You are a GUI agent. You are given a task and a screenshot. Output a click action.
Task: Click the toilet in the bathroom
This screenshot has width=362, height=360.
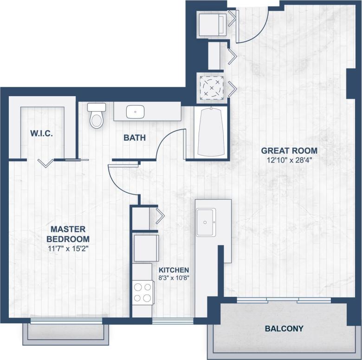click(x=97, y=116)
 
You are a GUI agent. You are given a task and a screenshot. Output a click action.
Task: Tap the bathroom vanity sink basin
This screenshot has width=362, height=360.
click(x=135, y=111)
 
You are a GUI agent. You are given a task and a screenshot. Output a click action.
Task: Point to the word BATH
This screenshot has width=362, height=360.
click(x=134, y=138)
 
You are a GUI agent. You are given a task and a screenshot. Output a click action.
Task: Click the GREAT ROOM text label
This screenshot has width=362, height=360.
click(x=289, y=151)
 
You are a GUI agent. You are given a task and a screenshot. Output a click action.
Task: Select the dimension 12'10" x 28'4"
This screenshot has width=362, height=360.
click(x=289, y=160)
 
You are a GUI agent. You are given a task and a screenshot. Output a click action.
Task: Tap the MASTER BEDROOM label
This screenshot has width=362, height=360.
click(x=68, y=234)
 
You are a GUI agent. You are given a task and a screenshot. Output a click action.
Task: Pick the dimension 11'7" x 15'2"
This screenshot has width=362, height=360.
click(x=68, y=249)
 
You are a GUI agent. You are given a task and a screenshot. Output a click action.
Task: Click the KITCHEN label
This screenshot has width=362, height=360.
click(x=174, y=270)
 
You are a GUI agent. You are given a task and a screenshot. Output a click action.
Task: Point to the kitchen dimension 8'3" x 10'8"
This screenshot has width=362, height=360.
click(x=174, y=279)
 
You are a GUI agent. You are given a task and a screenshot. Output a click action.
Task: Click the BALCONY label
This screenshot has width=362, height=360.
click(x=284, y=329)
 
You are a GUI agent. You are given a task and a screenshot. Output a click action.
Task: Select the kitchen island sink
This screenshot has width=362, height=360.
click(x=205, y=222)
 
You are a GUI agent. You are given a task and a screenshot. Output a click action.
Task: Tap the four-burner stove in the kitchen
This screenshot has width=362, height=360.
click(x=143, y=293)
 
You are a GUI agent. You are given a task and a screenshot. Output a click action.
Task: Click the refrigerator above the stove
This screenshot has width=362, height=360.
click(x=146, y=249)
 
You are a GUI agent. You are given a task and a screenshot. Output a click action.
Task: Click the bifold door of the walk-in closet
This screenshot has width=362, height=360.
click(x=45, y=162)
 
